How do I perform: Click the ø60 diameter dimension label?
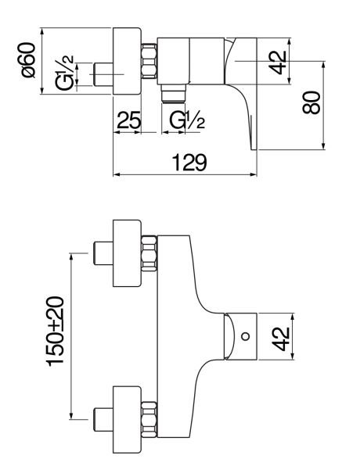click(x=29, y=60)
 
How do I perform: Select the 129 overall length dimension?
click(x=189, y=163)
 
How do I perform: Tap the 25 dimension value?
click(x=129, y=120)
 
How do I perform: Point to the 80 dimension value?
click(x=311, y=102)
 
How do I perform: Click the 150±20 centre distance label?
click(x=56, y=331)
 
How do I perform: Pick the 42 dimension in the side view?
click(x=278, y=63)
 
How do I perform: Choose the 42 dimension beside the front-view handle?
click(x=281, y=339)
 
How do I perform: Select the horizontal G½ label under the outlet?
click(x=187, y=120)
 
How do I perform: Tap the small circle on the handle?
click(x=246, y=336)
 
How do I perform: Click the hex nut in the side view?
click(x=149, y=61)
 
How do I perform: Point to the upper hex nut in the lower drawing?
click(x=149, y=253)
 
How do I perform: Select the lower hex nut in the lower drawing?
click(x=149, y=419)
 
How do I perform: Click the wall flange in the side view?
click(x=127, y=61)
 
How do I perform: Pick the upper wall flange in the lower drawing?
click(x=127, y=253)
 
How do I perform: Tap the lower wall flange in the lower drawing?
click(x=127, y=419)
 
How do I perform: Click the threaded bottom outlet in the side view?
click(x=173, y=94)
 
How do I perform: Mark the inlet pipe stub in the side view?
click(x=103, y=74)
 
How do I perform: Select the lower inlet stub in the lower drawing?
click(x=103, y=420)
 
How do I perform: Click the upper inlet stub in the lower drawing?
click(x=103, y=253)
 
